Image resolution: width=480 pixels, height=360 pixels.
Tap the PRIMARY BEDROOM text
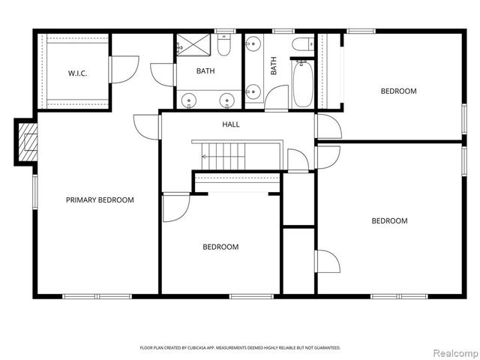click(x=100, y=200)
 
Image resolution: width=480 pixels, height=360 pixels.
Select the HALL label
click(x=231, y=124)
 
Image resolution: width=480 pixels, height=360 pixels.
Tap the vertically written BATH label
click(x=274, y=67)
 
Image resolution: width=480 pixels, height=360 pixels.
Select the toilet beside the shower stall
click(x=224, y=47)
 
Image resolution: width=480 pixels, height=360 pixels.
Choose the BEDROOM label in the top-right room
click(x=398, y=91)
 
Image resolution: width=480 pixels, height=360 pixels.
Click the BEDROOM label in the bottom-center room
click(x=220, y=247)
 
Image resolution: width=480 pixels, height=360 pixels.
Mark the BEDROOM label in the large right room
click(x=389, y=220)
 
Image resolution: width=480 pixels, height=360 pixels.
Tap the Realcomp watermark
click(x=454, y=352)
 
